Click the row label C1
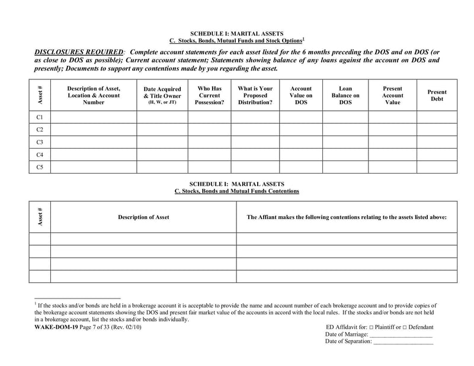(x=40, y=117)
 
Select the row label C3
(x=40, y=142)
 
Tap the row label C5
(x=40, y=167)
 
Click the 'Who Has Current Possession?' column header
(x=209, y=95)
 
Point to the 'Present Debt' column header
(x=437, y=95)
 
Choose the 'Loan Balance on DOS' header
(x=345, y=95)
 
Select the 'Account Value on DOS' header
(x=300, y=95)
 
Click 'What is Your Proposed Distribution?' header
(x=255, y=95)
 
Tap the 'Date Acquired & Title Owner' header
(x=162, y=95)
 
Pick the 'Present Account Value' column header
(x=392, y=95)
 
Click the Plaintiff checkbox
(x=371, y=328)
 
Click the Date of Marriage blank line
(x=401, y=335)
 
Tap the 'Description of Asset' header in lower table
(x=143, y=217)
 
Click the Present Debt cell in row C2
(x=437, y=129)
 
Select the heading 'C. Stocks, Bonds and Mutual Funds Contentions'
(x=237, y=191)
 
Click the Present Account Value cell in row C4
(x=392, y=155)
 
